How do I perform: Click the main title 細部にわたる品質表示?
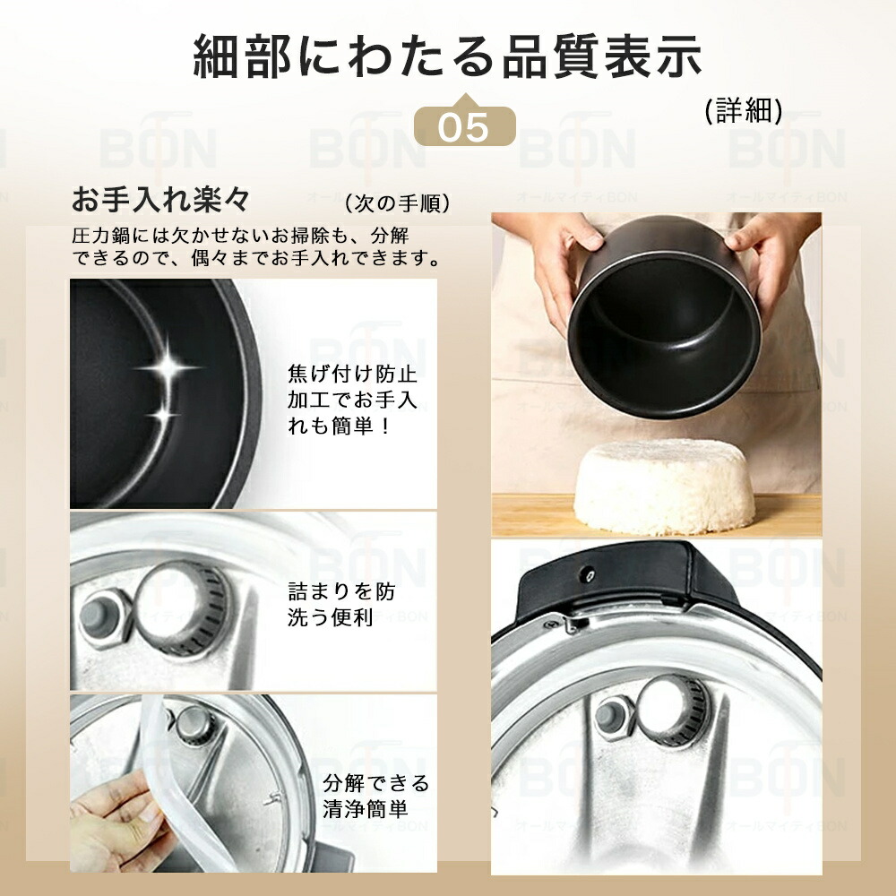[447, 56]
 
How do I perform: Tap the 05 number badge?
[465, 127]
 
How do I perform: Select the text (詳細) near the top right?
[743, 111]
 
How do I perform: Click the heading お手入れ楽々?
[160, 197]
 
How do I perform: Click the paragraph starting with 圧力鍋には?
[255, 247]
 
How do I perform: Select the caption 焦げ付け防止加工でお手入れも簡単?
[352, 399]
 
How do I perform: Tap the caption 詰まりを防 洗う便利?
[341, 605]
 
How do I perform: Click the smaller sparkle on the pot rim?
[162, 414]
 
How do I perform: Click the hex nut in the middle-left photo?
[99, 616]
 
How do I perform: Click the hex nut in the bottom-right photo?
[611, 717]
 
